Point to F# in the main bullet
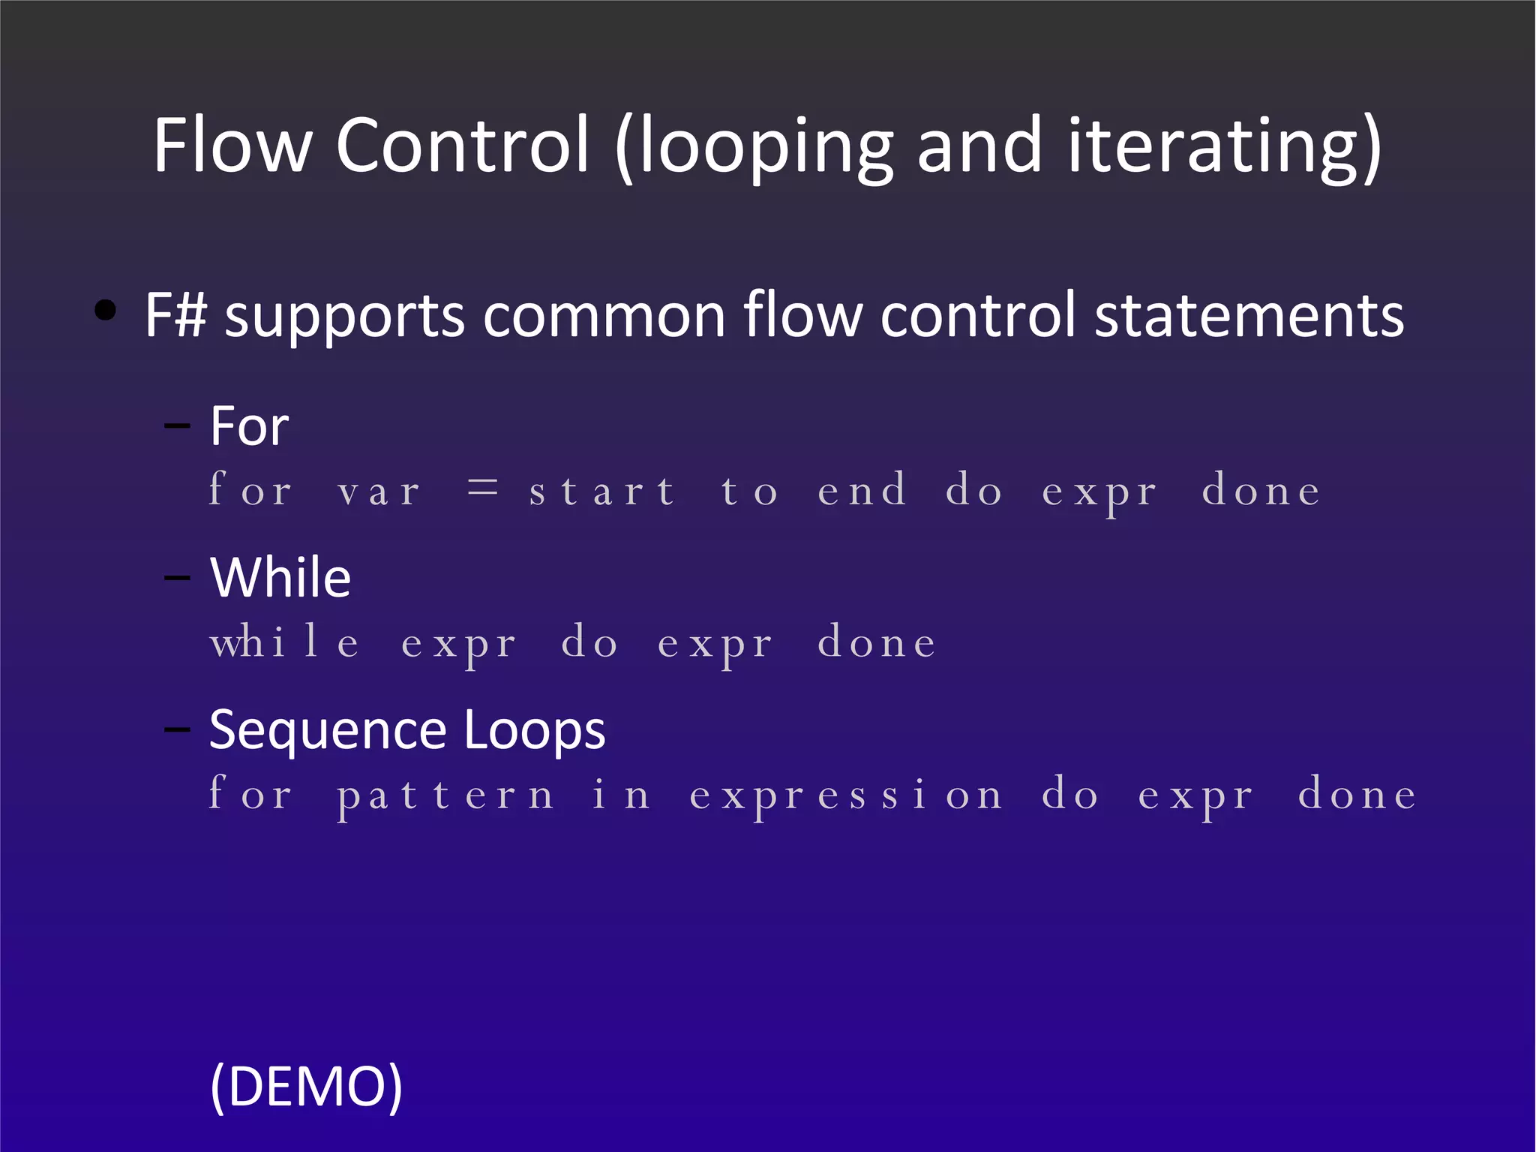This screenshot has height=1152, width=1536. pos(175,315)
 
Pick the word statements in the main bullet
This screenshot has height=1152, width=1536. pos(1249,315)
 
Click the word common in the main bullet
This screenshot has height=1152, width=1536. pos(604,315)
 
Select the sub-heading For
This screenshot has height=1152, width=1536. pos(249,426)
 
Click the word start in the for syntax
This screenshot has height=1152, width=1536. pos(601,492)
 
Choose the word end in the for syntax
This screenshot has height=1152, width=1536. pos(862,492)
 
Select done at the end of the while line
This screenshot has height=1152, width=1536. pos(877,643)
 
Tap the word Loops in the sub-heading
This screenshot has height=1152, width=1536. pos(534,729)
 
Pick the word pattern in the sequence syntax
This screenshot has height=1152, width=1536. pos(446,796)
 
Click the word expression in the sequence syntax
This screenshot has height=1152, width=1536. pos(846,796)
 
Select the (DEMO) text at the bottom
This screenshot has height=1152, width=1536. pos(307,1086)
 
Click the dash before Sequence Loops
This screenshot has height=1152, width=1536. pos(178,728)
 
